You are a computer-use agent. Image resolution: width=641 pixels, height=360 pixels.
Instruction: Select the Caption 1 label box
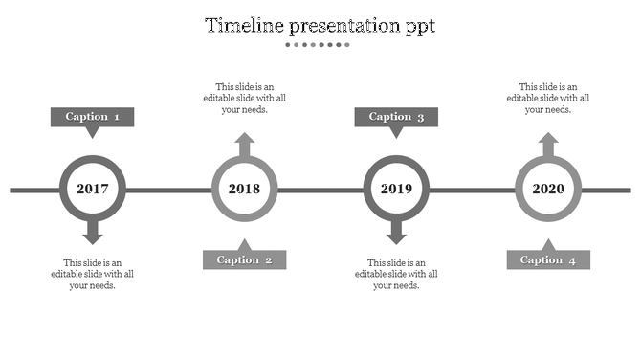point(92,117)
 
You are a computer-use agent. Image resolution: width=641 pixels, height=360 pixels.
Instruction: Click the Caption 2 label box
point(244,259)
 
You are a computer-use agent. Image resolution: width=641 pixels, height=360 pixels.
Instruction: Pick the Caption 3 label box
point(396,117)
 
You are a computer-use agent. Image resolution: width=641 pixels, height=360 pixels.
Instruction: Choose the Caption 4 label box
point(548,259)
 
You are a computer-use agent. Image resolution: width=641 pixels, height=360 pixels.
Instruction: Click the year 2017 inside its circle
point(93,189)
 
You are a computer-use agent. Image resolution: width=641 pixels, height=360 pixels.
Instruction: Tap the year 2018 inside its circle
point(245,189)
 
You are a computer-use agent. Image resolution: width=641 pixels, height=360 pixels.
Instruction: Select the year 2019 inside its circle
point(396,189)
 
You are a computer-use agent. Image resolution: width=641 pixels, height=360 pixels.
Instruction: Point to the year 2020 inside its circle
point(548,189)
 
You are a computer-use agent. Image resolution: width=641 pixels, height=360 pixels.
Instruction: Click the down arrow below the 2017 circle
point(93,233)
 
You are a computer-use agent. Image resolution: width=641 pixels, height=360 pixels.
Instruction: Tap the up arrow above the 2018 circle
point(245,145)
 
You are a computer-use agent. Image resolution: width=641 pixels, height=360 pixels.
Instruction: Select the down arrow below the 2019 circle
point(396,233)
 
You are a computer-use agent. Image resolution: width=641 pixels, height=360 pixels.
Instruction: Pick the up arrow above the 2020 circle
point(548,145)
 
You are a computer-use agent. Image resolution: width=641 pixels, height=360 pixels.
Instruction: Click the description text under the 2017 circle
point(93,274)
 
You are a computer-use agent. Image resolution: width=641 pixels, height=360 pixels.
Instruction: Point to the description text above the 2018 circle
point(245,98)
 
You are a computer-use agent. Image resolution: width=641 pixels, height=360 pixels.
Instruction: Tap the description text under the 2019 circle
point(396,274)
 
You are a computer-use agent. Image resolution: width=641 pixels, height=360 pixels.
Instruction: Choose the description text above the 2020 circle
point(548,98)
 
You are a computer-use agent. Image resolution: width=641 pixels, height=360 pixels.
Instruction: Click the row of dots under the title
point(320,44)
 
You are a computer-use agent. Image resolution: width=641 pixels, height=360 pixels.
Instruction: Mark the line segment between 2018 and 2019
point(320,190)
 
